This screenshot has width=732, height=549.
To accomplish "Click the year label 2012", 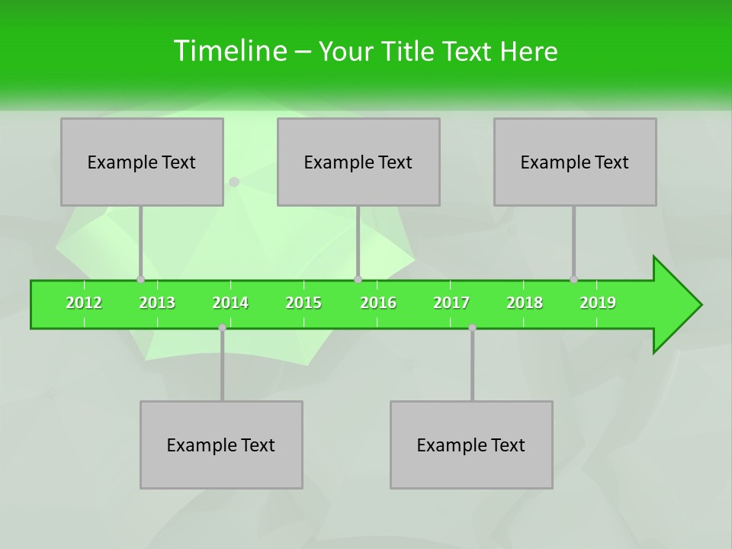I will click(84, 303).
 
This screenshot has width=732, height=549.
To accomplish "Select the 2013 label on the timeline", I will click(157, 303).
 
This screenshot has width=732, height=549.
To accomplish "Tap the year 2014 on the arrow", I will click(230, 303).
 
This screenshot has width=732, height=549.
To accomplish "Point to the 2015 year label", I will click(303, 303).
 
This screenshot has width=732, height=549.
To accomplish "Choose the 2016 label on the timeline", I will click(378, 303).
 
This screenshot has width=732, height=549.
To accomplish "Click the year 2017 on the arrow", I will click(451, 303).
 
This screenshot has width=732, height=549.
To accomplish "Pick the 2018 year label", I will click(525, 303).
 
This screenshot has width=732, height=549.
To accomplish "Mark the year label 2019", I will click(598, 303).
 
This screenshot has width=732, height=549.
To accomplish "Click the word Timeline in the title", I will click(229, 51).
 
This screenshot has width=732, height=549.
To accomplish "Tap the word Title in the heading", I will click(409, 51).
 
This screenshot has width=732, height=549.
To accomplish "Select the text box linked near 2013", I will click(142, 162).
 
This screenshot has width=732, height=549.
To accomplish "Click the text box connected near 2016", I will click(358, 162).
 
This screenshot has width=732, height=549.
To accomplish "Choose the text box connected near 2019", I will click(575, 162).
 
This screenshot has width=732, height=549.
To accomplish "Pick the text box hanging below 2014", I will click(221, 445).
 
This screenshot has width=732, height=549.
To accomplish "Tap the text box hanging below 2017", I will click(471, 445).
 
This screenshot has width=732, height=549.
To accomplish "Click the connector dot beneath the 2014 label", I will click(222, 327).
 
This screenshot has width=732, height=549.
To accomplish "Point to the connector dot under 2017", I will click(472, 327).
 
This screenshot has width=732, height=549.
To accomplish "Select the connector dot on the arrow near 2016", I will click(358, 279).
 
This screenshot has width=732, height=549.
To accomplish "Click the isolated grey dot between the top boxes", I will click(234, 181).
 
